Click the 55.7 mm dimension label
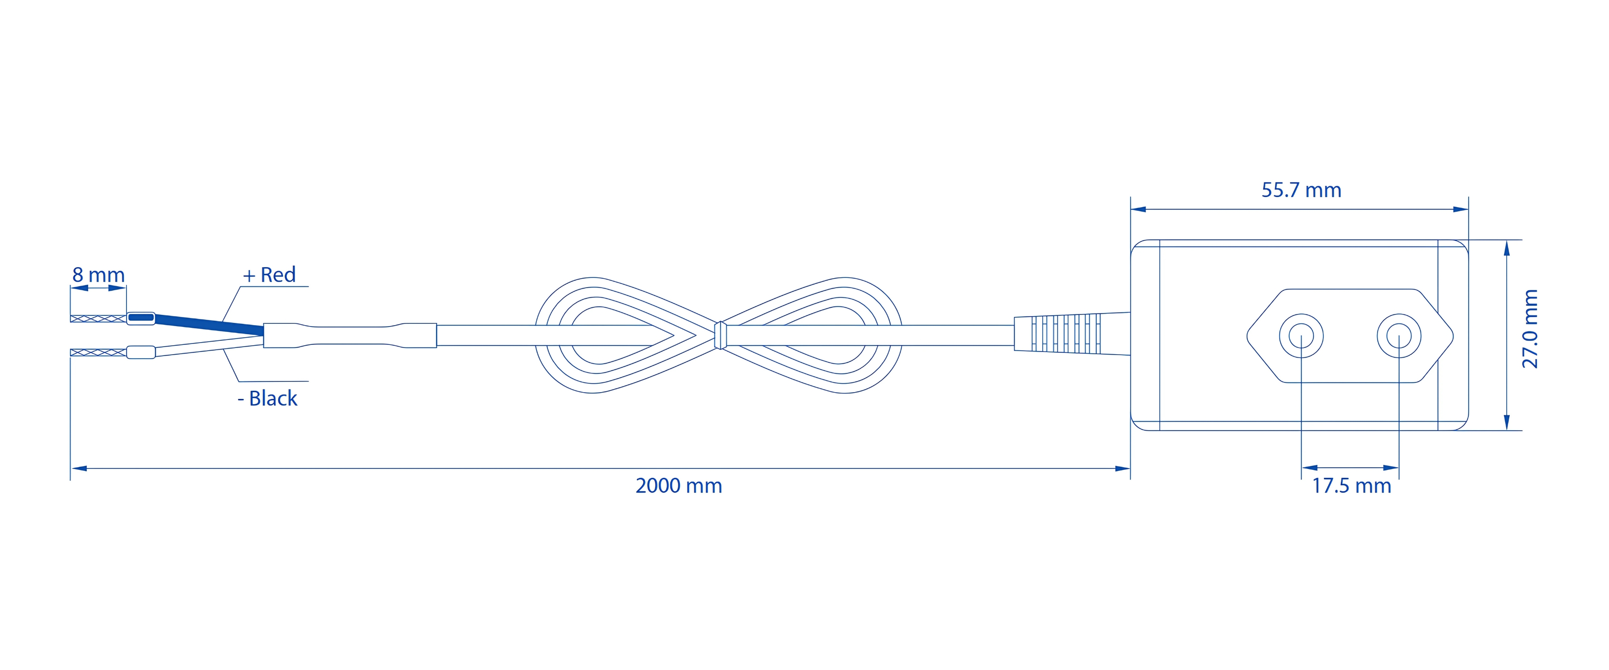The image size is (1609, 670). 1301,190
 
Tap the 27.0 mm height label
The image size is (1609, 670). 1530,329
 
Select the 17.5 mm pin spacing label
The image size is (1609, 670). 1351,486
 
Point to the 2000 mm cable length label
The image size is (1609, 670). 679,486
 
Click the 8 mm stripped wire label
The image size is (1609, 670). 99,275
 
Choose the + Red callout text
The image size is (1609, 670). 269,275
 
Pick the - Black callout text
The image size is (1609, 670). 267,398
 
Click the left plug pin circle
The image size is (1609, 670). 1301,336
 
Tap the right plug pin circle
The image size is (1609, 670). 1399,336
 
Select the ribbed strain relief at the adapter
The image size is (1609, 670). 1072,334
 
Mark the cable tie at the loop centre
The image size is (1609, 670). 720,335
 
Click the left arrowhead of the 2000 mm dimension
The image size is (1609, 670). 79,468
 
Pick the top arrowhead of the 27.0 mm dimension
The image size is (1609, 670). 1507,248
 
